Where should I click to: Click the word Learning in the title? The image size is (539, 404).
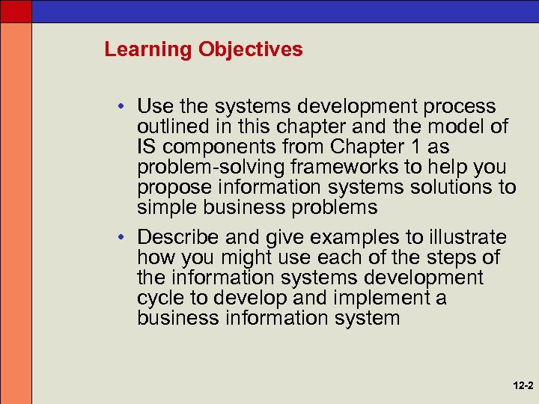point(147,50)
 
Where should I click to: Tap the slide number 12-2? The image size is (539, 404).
point(523,387)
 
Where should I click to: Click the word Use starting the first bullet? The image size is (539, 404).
point(155,107)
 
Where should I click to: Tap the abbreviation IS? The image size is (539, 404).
point(147,146)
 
